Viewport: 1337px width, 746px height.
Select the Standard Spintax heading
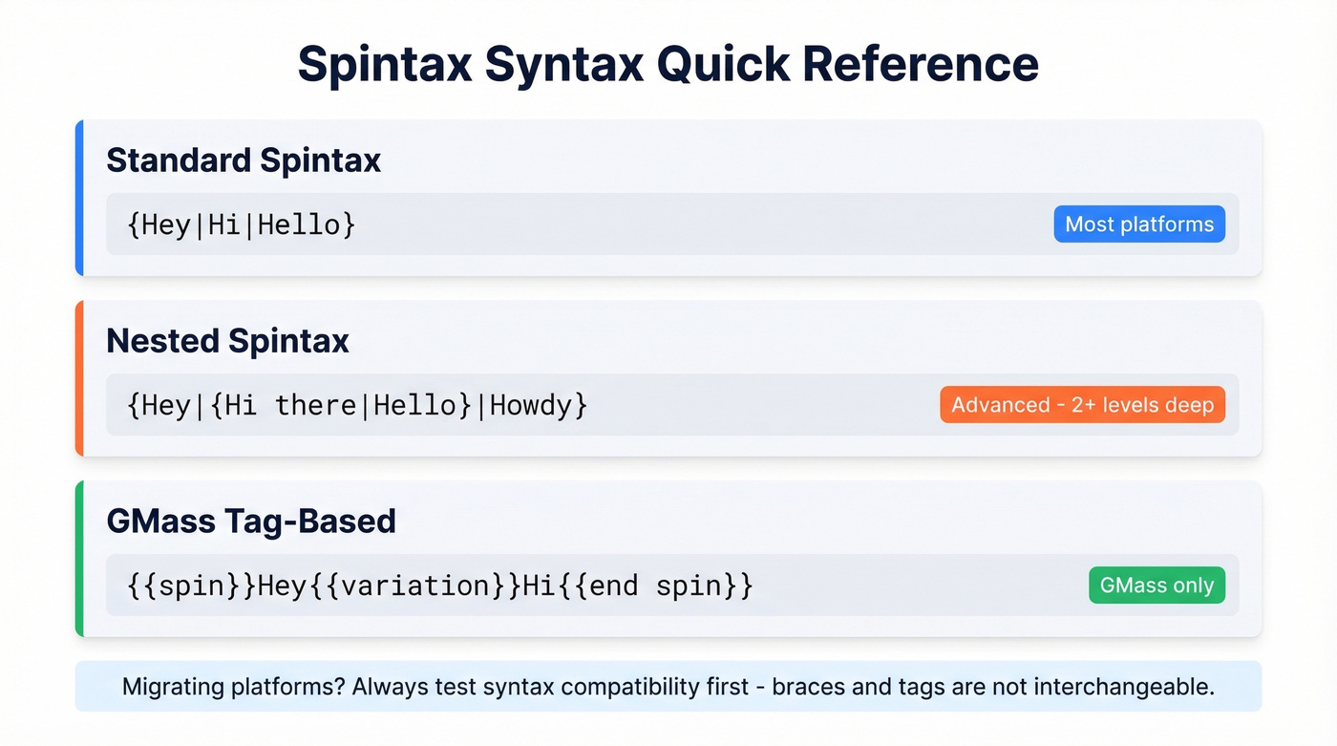click(x=244, y=160)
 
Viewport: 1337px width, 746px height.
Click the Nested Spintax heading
click(x=227, y=341)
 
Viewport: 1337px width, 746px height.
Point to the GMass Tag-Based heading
click(x=250, y=521)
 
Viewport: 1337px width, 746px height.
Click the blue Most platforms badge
click(x=1139, y=224)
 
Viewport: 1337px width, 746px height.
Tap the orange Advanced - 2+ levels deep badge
click(x=1082, y=405)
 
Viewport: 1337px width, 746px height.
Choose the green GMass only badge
click(x=1157, y=586)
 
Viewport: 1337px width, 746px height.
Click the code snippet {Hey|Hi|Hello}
click(x=241, y=225)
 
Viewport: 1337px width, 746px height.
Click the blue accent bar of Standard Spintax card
click(x=79, y=198)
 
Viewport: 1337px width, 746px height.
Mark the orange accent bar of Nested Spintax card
click(x=79, y=378)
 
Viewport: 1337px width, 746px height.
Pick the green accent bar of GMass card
click(x=79, y=559)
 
